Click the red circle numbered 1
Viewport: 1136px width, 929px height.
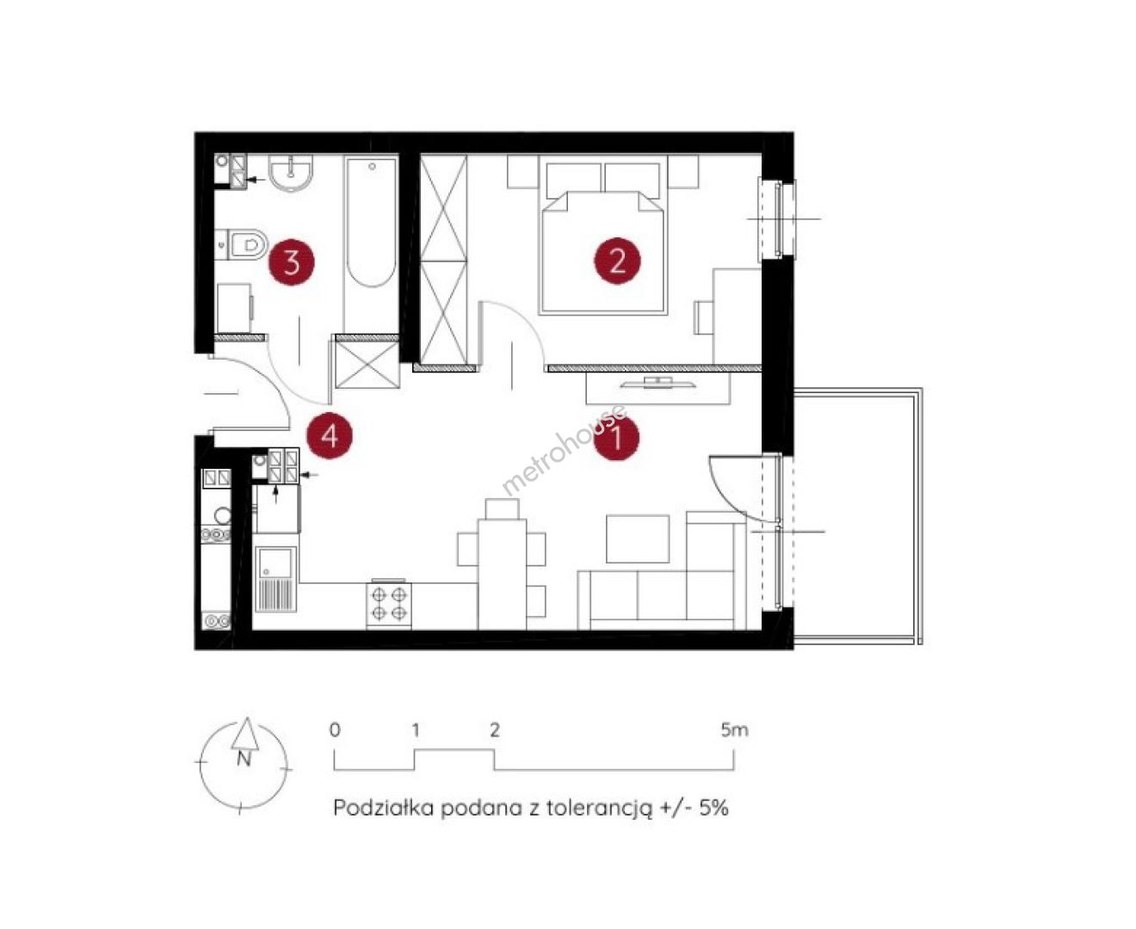(616, 437)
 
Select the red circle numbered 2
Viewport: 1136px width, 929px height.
(617, 261)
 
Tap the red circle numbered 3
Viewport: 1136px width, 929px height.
(292, 263)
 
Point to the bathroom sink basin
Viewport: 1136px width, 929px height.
(291, 172)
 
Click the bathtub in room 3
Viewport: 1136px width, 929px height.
(371, 222)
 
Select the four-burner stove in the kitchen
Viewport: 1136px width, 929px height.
(388, 603)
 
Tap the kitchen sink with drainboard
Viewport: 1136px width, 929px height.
(275, 579)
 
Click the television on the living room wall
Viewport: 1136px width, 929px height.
(658, 383)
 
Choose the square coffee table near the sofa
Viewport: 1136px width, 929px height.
(638, 538)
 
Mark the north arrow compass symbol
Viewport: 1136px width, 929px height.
(244, 764)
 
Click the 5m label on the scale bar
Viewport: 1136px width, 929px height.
(734, 729)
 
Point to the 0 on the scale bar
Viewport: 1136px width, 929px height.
(335, 730)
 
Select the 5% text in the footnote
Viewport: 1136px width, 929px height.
(713, 808)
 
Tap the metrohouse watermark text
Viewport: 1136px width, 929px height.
(564, 449)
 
